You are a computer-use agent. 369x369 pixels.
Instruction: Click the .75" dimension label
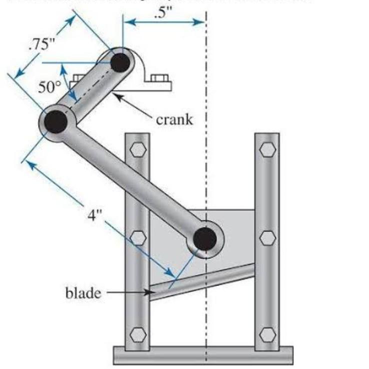(42, 44)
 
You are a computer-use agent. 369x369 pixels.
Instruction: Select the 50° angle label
(49, 86)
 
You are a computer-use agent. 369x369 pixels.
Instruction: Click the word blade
(83, 291)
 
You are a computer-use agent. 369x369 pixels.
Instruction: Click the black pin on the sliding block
(205, 239)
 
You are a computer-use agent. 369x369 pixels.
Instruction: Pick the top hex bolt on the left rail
(137, 149)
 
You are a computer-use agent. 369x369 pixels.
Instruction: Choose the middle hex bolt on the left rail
(137, 238)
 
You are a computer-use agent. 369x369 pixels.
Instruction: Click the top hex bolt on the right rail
(267, 149)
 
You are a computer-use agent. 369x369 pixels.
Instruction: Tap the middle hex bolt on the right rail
(267, 238)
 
